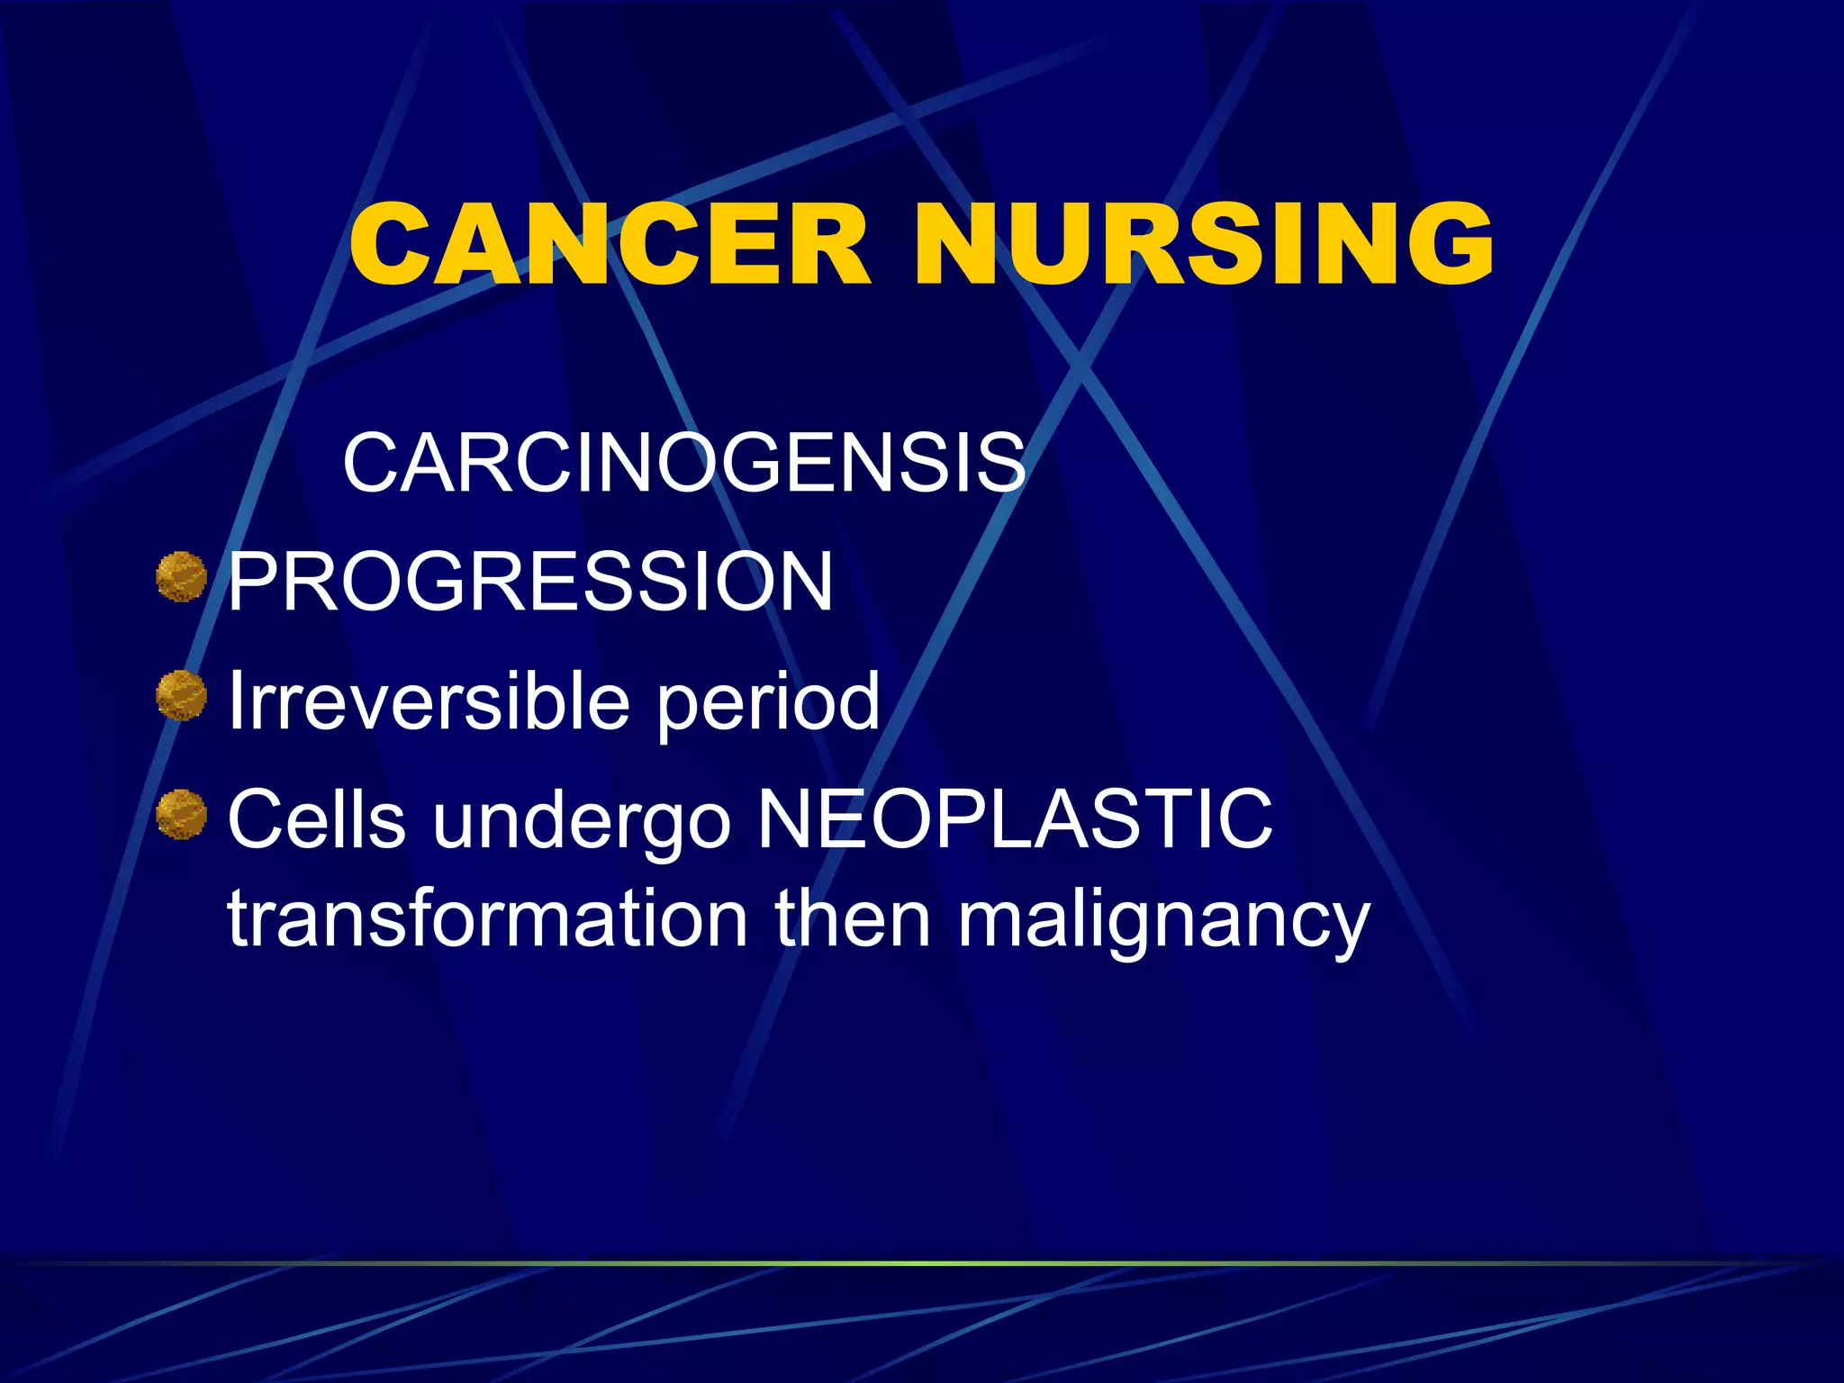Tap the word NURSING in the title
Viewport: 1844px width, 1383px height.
click(x=1203, y=245)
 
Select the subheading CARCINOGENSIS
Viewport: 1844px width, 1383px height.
click(x=683, y=463)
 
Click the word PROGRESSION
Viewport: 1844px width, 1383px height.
click(x=530, y=582)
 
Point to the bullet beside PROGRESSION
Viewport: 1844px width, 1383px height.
click(x=182, y=577)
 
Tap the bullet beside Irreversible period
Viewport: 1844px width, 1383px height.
click(x=182, y=696)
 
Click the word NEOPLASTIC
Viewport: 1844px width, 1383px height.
click(x=1015, y=818)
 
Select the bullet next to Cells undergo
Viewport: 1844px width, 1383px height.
click(x=182, y=815)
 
